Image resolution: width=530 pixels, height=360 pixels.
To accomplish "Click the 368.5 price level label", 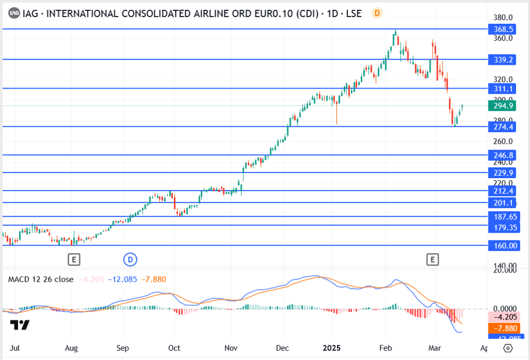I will pyautogui.click(x=503, y=30).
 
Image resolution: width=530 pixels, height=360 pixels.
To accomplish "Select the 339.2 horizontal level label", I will pyautogui.click(x=503, y=60).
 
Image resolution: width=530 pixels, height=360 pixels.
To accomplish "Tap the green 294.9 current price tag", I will pyautogui.click(x=503, y=106).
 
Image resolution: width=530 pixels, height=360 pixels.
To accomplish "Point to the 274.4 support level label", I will pyautogui.click(x=503, y=127).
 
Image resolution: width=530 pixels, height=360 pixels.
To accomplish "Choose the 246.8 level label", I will pyautogui.click(x=503, y=155).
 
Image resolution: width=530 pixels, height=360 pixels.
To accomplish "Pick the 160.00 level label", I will pyautogui.click(x=503, y=246).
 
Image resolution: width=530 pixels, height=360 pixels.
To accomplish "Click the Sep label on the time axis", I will pyautogui.click(x=123, y=348).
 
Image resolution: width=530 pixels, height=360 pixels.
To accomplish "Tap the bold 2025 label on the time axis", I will pyautogui.click(x=331, y=348).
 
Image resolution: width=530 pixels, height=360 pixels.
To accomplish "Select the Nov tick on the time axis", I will pyautogui.click(x=231, y=348).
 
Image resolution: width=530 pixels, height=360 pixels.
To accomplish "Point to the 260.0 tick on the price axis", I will pyautogui.click(x=503, y=141).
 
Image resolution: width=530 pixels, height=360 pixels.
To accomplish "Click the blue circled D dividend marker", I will pyautogui.click(x=130, y=258).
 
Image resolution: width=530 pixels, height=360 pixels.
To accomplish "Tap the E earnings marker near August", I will pyautogui.click(x=75, y=258).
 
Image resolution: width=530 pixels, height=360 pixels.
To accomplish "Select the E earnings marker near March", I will pyautogui.click(x=432, y=258).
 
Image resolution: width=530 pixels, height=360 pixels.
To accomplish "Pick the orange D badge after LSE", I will pyautogui.click(x=377, y=13).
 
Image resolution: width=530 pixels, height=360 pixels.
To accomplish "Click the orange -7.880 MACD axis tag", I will pyautogui.click(x=503, y=328).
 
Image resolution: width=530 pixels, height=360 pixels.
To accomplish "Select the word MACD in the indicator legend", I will pyautogui.click(x=19, y=279).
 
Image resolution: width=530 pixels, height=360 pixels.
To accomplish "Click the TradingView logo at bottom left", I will pyautogui.click(x=20, y=325).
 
